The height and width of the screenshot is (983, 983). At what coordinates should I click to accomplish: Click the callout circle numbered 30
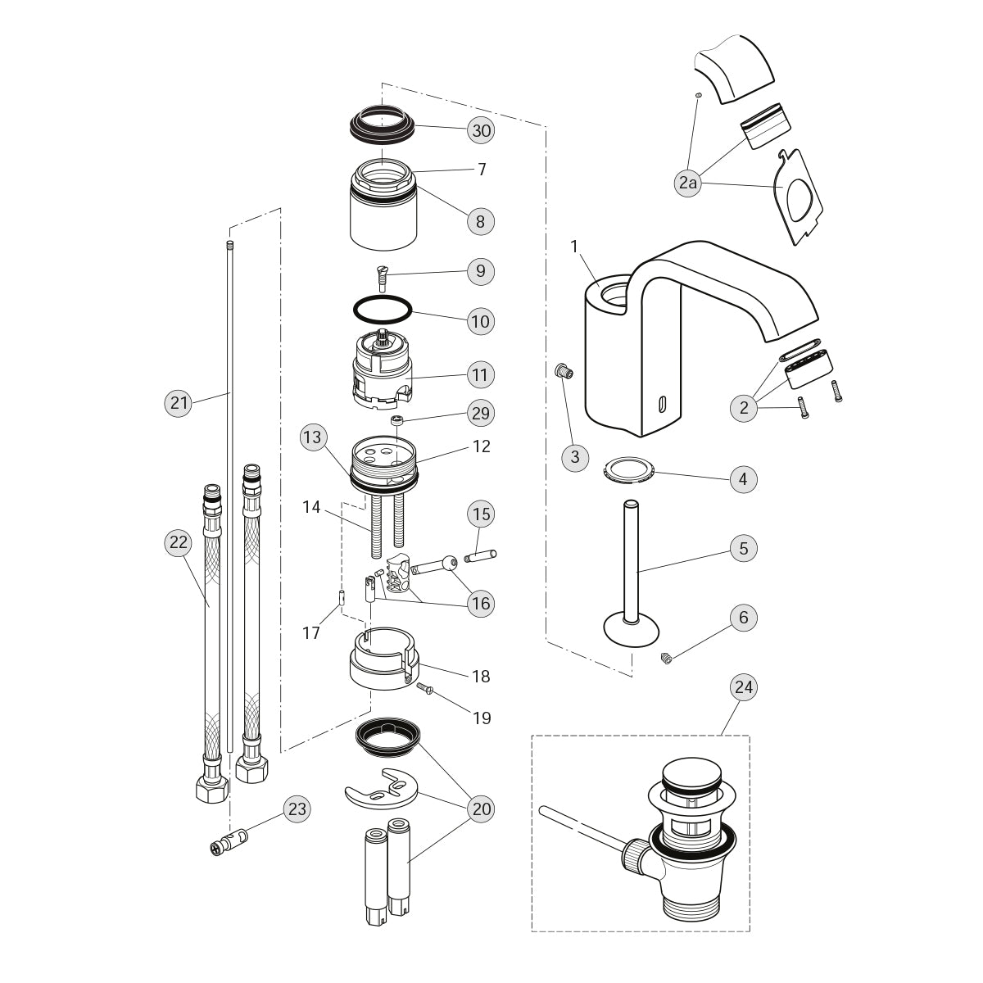(482, 130)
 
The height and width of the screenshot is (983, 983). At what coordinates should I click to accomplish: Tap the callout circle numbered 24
(743, 687)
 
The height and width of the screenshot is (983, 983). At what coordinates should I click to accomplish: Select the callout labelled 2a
(688, 183)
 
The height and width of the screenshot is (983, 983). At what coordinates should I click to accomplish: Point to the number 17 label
(312, 632)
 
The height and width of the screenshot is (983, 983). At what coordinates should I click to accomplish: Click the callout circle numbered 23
(297, 809)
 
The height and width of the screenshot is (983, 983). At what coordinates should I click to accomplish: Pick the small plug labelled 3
(563, 371)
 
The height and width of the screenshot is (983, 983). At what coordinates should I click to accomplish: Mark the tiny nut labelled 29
(398, 421)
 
